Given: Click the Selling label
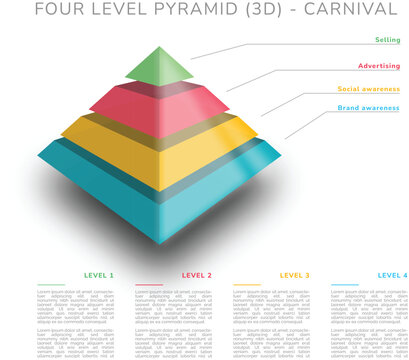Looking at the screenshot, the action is pos(388,40).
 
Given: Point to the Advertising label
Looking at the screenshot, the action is pos(379,66).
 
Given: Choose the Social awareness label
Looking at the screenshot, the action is pos(370,89).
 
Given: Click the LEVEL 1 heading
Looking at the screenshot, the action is pos(100,275).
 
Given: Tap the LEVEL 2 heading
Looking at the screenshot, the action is pos(197,275).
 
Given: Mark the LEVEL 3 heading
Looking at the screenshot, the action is pos(295,275).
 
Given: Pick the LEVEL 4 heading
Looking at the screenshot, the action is pos(392,275).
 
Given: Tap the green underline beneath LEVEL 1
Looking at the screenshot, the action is pos(50,284).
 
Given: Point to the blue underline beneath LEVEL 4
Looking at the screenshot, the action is pos(344,284).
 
